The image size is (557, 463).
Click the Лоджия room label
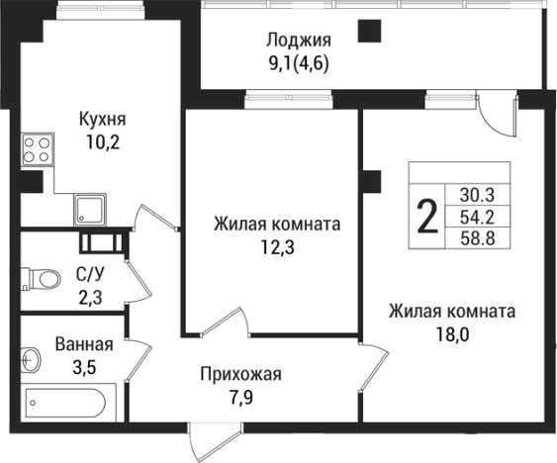tap(297, 41)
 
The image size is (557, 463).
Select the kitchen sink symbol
tap(92, 210)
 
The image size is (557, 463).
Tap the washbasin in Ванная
tap(31, 357)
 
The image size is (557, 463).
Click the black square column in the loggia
tap(369, 32)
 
